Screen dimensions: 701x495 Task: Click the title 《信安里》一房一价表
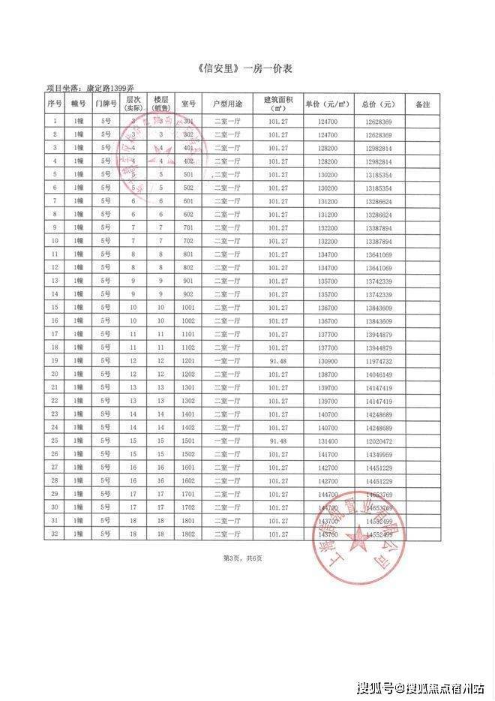247,68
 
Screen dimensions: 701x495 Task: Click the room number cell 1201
188,360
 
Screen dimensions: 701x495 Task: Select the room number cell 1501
188,441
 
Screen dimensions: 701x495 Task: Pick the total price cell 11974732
379,360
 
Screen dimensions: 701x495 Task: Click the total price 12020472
379,441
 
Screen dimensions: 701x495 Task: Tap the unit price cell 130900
323,360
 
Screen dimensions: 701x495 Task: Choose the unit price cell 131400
323,441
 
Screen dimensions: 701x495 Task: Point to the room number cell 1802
188,534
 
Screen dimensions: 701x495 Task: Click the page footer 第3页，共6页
247,558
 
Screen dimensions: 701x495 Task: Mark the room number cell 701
188,227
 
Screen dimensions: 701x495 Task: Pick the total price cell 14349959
379,454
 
